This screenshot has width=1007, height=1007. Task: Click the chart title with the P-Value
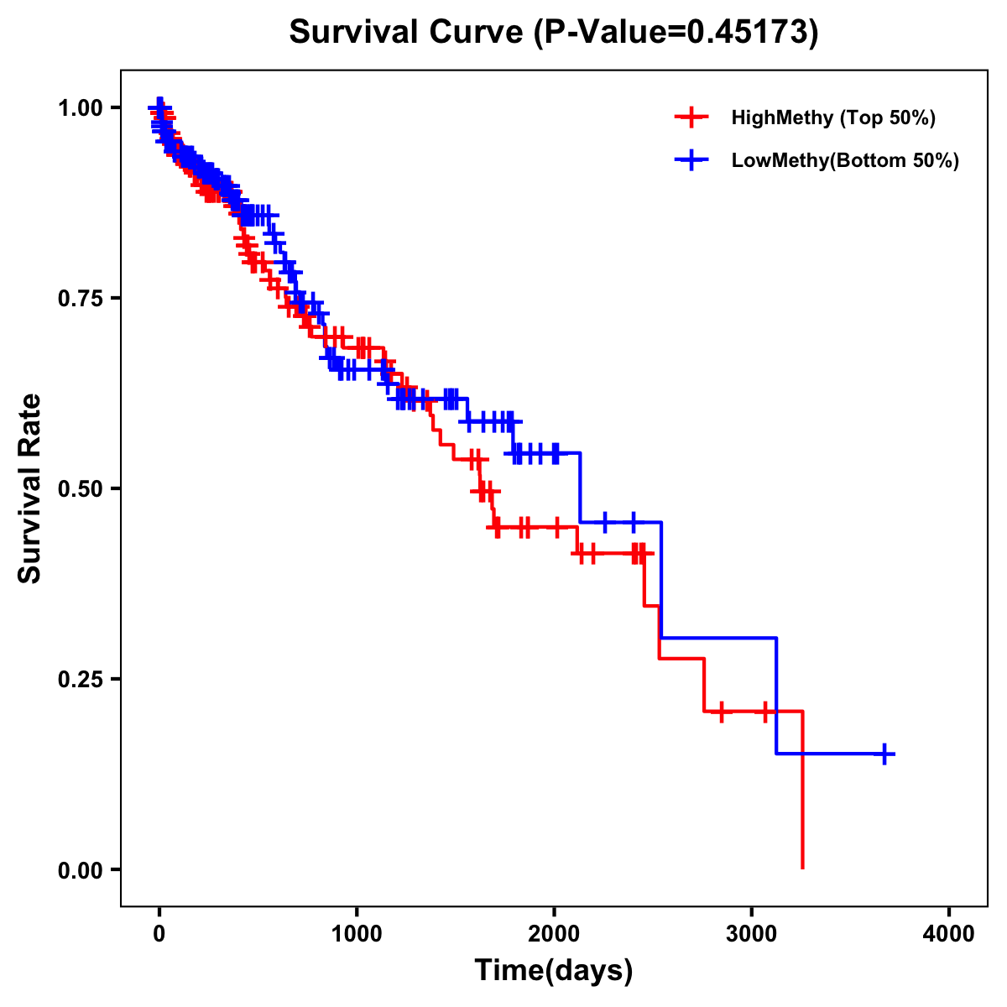coord(553,33)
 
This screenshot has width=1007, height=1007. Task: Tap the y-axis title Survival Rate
coord(30,488)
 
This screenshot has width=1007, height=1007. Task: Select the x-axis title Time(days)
coord(553,971)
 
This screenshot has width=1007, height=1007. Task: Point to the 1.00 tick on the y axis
coord(81,107)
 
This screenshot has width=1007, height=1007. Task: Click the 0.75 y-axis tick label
coord(81,298)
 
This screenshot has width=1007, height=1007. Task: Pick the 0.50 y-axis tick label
coord(81,488)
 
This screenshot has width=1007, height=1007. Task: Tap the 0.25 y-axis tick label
coord(81,679)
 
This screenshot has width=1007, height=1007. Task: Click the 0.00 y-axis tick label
coord(81,869)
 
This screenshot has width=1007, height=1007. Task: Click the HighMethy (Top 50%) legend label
coord(832,117)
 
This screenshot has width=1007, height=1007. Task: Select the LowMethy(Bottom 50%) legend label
coord(845,160)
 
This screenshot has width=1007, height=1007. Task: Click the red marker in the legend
coord(691,117)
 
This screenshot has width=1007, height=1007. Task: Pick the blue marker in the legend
coord(691,160)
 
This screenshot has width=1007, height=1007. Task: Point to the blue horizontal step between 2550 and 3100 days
coord(717,638)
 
